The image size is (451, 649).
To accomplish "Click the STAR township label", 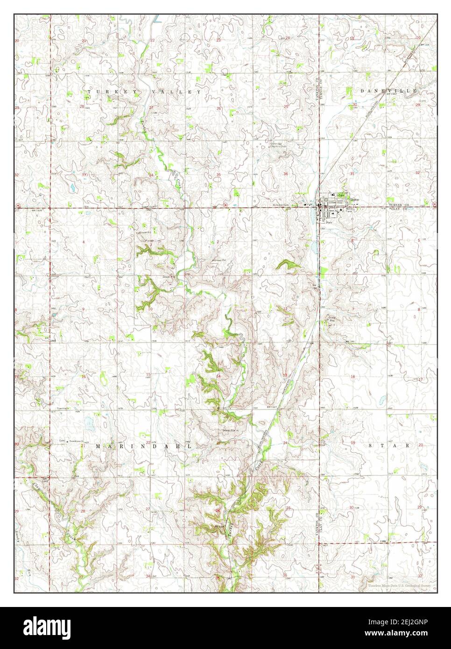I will [389, 446].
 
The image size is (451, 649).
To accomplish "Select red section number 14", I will [218, 376].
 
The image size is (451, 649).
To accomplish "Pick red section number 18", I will [353, 376].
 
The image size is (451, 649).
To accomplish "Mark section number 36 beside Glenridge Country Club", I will [285, 174].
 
